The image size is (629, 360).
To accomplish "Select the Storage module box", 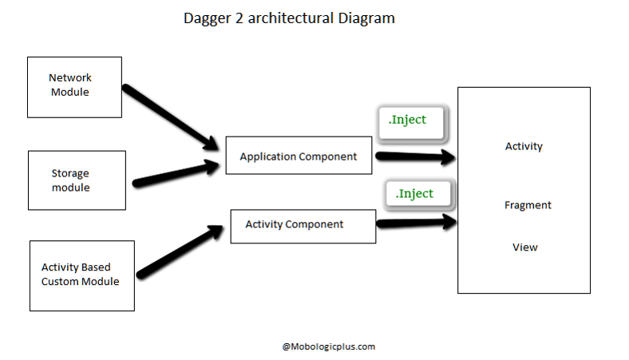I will (77, 180).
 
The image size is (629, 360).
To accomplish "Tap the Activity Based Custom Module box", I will (81, 275).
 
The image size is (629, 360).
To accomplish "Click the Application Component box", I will (299, 156).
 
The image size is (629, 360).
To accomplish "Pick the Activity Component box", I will (303, 226).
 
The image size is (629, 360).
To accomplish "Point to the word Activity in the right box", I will (524, 146).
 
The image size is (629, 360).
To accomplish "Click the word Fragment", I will (528, 205).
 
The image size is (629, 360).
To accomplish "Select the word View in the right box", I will (524, 247).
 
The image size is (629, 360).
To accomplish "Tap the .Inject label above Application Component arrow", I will (408, 121).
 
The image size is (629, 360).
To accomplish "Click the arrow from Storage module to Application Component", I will (176, 173).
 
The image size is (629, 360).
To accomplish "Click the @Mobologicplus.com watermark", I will (328, 346).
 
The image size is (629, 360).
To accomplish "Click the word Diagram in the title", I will (365, 18).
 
